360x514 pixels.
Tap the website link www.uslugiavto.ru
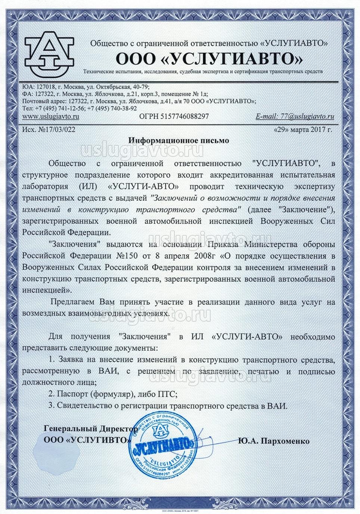pyautogui.click(x=51, y=117)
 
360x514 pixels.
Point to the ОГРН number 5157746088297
pyautogui.click(x=174, y=117)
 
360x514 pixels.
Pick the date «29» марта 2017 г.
pyautogui.click(x=303, y=130)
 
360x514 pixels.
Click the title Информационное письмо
pyautogui.click(x=178, y=140)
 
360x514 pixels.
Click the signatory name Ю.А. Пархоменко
pyautogui.click(x=274, y=441)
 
